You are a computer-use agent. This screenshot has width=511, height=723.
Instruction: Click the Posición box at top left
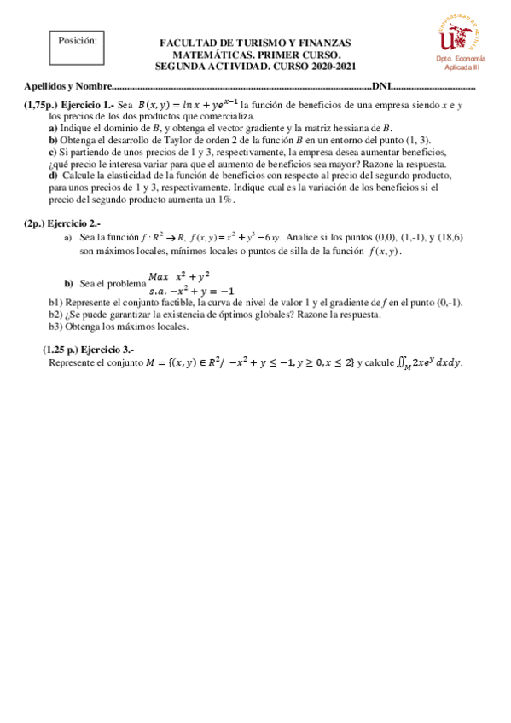tap(77, 51)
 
